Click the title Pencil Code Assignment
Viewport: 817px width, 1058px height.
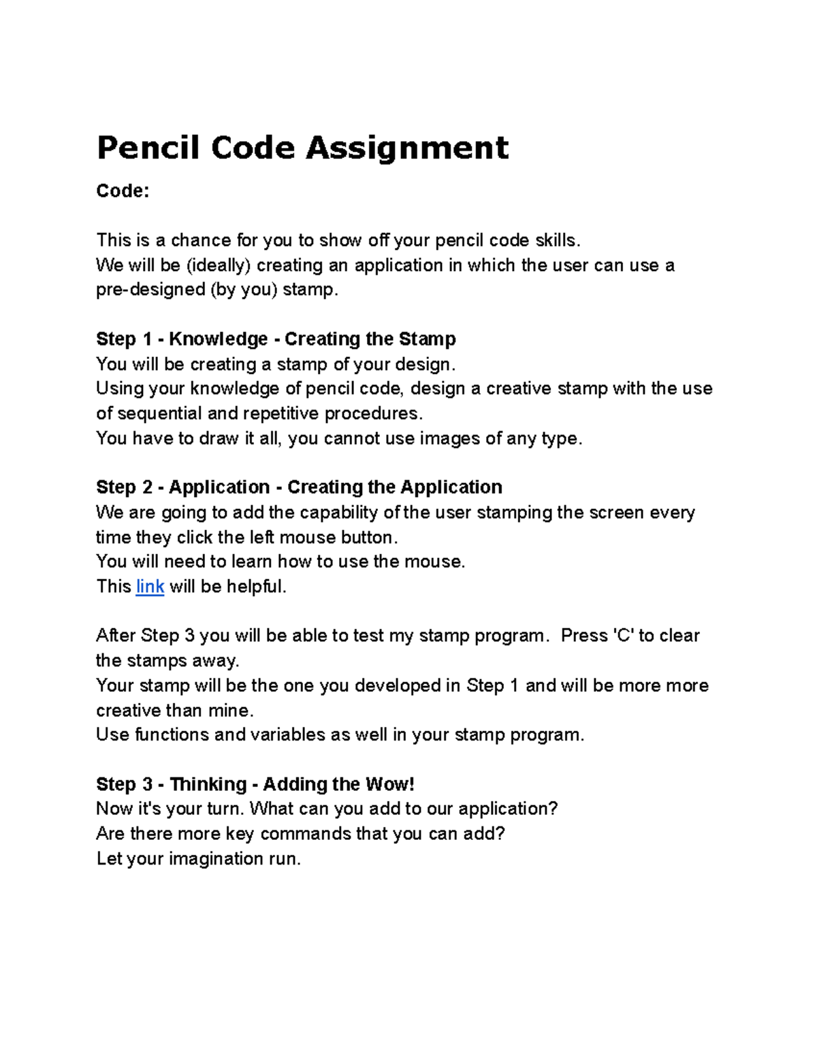302,148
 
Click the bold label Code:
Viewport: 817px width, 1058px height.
123,191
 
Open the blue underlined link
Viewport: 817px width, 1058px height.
150,587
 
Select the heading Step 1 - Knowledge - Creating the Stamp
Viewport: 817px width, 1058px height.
276,339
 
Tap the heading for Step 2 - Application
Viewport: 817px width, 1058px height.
299,487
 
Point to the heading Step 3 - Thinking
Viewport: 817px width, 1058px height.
255,784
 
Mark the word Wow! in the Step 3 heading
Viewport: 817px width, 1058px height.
389,784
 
